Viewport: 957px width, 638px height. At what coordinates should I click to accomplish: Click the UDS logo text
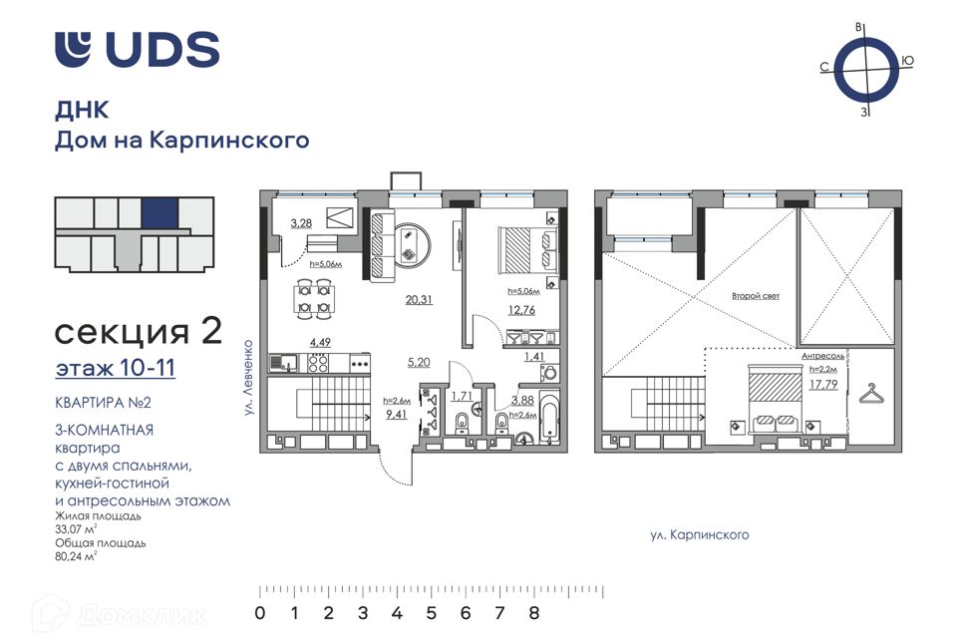point(162,49)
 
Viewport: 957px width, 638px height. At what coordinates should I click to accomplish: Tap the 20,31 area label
point(419,300)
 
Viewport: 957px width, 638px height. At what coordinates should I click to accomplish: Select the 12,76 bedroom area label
point(521,310)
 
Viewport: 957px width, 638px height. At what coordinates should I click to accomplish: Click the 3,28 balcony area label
point(301,223)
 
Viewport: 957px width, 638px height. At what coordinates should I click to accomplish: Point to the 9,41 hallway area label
point(397,415)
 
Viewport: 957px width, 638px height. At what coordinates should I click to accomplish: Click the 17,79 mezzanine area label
point(823,385)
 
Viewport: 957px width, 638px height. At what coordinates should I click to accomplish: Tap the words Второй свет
point(756,296)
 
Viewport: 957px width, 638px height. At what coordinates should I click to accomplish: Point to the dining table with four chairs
point(314,298)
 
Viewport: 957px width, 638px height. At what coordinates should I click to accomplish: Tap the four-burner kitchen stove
point(317,363)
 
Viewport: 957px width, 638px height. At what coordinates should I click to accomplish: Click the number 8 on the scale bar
point(534,613)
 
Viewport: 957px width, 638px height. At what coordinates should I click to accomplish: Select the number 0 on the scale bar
point(260,613)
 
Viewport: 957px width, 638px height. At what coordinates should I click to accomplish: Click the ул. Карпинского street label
point(700,535)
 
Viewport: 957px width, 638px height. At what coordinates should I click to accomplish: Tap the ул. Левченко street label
point(248,378)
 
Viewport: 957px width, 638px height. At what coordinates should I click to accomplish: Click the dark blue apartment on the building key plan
point(159,213)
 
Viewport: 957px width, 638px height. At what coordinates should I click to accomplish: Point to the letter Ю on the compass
point(907,61)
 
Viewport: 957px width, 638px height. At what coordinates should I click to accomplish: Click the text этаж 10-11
point(116,368)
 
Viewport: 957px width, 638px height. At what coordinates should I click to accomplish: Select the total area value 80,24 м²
point(76,556)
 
